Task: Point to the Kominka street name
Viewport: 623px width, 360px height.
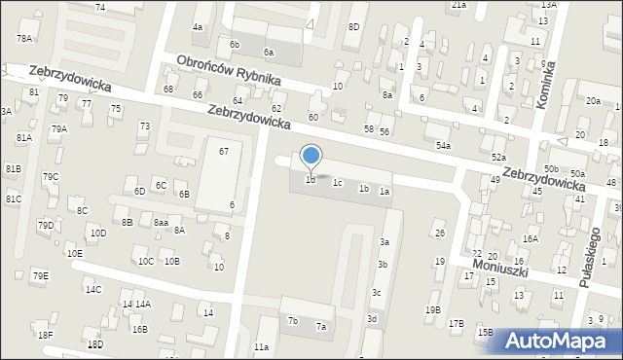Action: pyautogui.click(x=549, y=84)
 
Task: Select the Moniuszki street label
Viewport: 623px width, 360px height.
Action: pyautogui.click(x=498, y=264)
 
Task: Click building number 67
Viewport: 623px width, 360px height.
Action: pyautogui.click(x=224, y=151)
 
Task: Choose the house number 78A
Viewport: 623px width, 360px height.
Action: pyautogui.click(x=24, y=38)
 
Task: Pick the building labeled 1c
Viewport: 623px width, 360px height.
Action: pyautogui.click(x=337, y=182)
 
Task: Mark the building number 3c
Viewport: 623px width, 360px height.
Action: pyautogui.click(x=376, y=293)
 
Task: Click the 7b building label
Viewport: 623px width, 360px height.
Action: pyautogui.click(x=292, y=320)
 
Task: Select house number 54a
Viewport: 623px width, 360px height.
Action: pyautogui.click(x=443, y=145)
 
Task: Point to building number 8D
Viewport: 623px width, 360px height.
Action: pyautogui.click(x=353, y=27)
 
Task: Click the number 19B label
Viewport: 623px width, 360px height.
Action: pyautogui.click(x=432, y=310)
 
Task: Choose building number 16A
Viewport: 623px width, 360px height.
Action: pyautogui.click(x=530, y=238)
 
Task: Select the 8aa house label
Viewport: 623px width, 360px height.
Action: pyautogui.click(x=160, y=222)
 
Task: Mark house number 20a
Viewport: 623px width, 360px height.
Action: pyautogui.click(x=593, y=101)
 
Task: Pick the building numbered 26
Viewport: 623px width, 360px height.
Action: pyautogui.click(x=439, y=234)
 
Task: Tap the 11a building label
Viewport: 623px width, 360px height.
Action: pyautogui.click(x=261, y=346)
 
